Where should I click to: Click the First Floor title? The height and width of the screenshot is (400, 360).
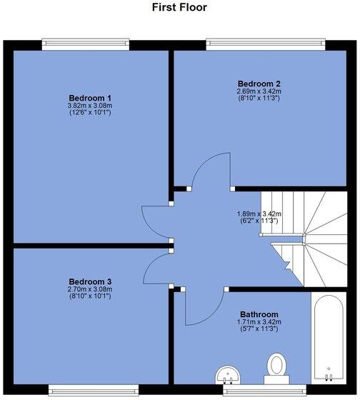[179, 8]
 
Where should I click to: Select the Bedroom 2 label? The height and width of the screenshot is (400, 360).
[259, 84]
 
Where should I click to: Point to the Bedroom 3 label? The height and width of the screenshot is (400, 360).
[89, 281]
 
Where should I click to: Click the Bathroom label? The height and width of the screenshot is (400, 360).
[259, 314]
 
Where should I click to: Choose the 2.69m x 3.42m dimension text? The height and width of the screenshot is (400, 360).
[259, 91]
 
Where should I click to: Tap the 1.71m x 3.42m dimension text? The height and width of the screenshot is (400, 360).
[259, 322]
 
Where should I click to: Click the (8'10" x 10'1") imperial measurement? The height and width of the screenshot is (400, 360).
[89, 296]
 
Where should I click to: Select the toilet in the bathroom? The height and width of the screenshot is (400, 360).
[275, 365]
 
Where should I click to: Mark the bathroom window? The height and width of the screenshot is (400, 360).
[251, 390]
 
